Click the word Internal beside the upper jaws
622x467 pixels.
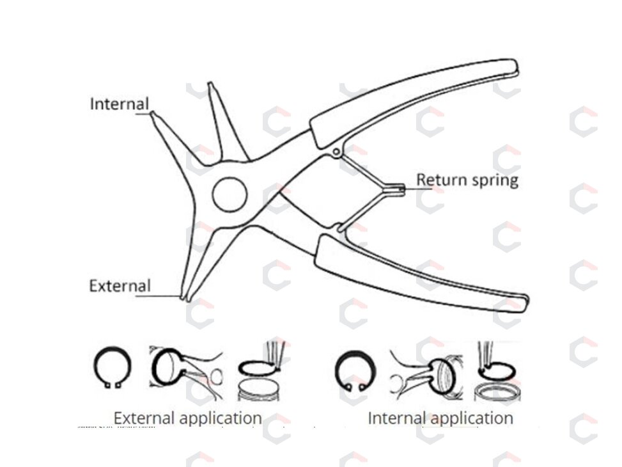click(120, 104)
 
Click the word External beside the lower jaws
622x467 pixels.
click(120, 286)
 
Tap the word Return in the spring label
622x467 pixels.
click(442, 180)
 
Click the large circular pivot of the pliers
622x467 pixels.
click(229, 194)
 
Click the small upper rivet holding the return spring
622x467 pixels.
click(336, 152)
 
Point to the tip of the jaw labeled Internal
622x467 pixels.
click(152, 114)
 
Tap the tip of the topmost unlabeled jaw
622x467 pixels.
click(211, 84)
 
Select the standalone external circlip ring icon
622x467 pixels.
click(113, 367)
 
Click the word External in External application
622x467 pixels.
click(144, 418)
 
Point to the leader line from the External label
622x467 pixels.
click(159, 296)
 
